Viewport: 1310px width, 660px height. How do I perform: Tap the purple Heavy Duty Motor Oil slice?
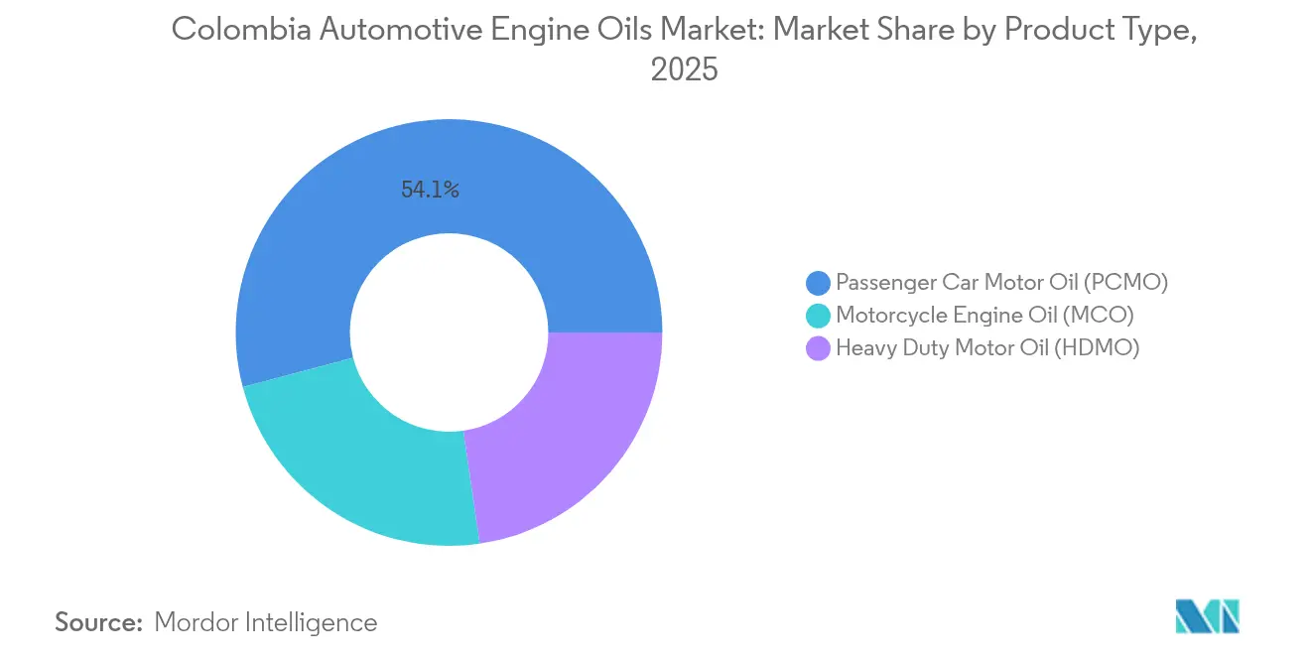pyautogui.click(x=566, y=437)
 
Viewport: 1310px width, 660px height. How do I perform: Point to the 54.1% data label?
pyautogui.click(x=430, y=191)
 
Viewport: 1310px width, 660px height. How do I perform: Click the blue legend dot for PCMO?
pyautogui.click(x=819, y=283)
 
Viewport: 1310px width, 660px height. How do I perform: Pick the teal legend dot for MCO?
pyautogui.click(x=819, y=316)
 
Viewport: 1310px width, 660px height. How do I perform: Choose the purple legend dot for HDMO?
pyautogui.click(x=819, y=348)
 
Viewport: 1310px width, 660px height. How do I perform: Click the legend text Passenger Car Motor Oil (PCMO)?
pyautogui.click(x=1001, y=282)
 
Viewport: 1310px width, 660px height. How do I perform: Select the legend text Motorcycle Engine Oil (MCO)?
pyautogui.click(x=984, y=315)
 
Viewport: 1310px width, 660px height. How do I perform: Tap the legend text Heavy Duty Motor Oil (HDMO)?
pyautogui.click(x=987, y=347)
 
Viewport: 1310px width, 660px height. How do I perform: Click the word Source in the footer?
pyautogui.click(x=98, y=622)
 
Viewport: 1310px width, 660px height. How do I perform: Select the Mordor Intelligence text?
pyautogui.click(x=266, y=622)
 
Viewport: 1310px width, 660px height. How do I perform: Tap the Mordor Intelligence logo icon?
pyautogui.click(x=1207, y=616)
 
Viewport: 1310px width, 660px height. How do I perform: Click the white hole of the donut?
pyautogui.click(x=450, y=332)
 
